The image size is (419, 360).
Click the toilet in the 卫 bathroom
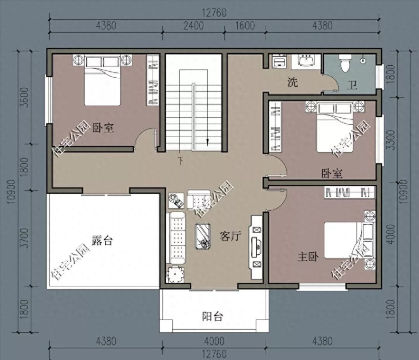click(345, 63)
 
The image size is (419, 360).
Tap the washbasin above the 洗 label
click(306, 60)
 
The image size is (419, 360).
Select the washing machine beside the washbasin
click(279, 61)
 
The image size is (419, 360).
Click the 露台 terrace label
click(102, 240)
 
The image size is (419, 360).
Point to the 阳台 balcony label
click(212, 316)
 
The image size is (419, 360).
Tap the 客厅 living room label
click(230, 236)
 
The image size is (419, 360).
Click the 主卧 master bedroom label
click(308, 257)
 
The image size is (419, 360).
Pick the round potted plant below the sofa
click(175, 274)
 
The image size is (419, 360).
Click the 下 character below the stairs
click(181, 161)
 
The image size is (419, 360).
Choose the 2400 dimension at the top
click(193, 26)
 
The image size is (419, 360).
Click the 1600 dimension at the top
click(245, 26)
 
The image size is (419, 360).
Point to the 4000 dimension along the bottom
click(214, 341)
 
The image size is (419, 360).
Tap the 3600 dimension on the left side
click(24, 97)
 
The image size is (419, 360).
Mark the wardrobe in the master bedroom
click(349, 192)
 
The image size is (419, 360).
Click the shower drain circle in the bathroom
click(362, 60)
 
